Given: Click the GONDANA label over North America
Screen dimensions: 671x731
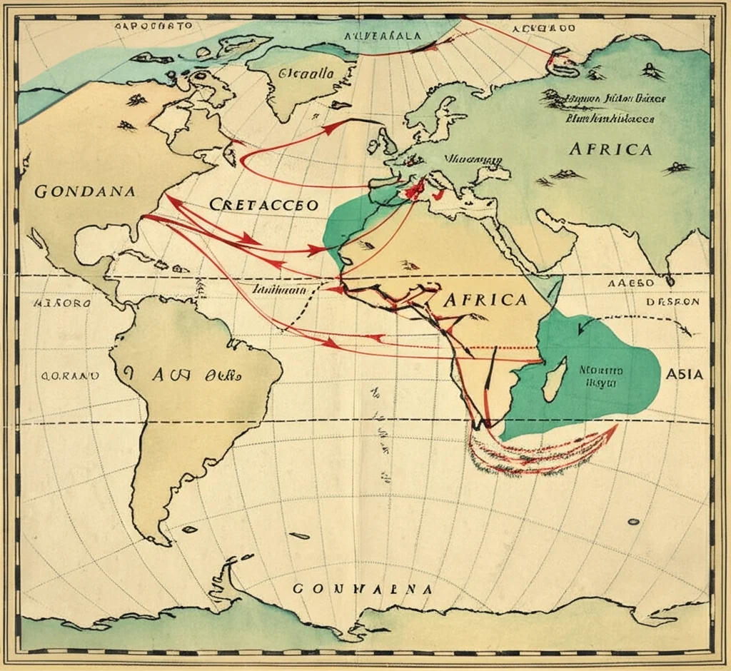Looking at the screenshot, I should click(84, 191).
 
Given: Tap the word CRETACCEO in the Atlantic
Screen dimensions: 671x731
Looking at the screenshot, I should click(264, 204).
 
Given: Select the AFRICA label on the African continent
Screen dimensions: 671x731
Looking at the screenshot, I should click(485, 299).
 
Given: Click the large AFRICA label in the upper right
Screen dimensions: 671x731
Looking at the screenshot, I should click(610, 149).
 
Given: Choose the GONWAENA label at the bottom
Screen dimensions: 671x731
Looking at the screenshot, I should click(363, 590).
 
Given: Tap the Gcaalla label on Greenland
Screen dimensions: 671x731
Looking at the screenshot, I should click(306, 73).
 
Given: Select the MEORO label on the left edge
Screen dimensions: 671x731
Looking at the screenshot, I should click(62, 303).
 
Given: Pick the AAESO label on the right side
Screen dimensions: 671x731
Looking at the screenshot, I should click(630, 283).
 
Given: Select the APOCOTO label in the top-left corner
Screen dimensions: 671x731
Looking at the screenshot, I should click(153, 25).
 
